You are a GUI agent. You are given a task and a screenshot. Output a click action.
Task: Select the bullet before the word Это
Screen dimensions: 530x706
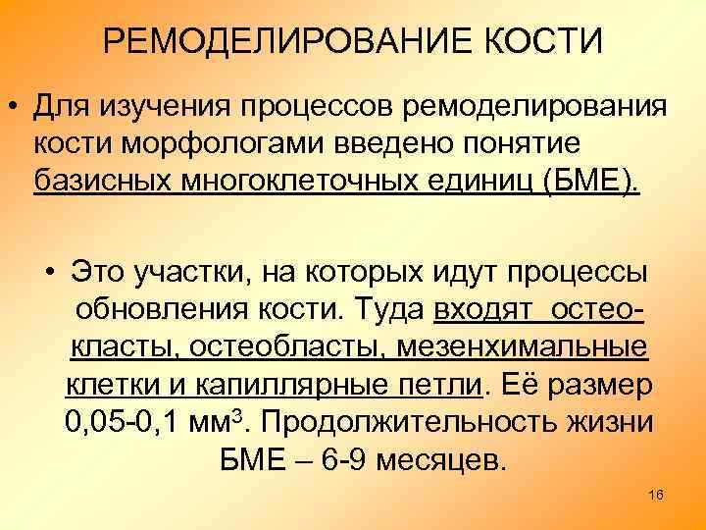tap(47, 272)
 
